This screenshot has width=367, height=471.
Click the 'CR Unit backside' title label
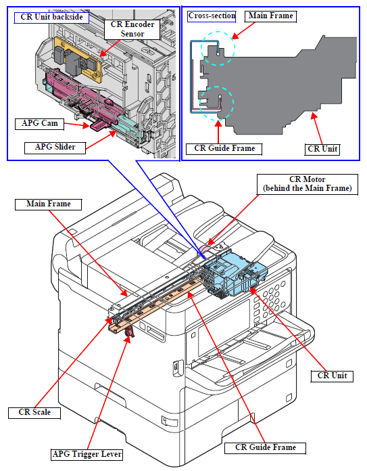tap(51, 17)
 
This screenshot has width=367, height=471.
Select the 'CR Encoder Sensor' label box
tap(132, 29)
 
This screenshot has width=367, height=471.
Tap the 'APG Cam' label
tap(40, 123)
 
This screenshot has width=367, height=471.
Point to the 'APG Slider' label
tap(55, 148)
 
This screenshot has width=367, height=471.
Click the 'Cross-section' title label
tap(212, 16)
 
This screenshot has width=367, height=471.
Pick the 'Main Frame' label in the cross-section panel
tap(270, 16)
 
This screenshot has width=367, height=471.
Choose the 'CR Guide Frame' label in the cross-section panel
tap(224, 149)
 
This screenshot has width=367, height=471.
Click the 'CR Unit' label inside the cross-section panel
tap(322, 150)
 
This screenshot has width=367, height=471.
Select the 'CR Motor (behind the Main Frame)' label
tap(308, 184)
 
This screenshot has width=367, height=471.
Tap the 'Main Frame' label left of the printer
tap(48, 204)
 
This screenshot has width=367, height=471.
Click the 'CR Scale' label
tap(34, 413)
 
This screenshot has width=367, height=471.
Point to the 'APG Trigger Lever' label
tap(87, 454)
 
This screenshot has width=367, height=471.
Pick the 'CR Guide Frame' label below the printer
tap(265, 448)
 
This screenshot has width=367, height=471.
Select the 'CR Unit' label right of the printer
tap(332, 376)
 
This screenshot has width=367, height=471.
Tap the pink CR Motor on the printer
tap(205, 249)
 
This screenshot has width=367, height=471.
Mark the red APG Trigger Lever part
tap(129, 332)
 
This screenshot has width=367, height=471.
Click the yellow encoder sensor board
tap(78, 60)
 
